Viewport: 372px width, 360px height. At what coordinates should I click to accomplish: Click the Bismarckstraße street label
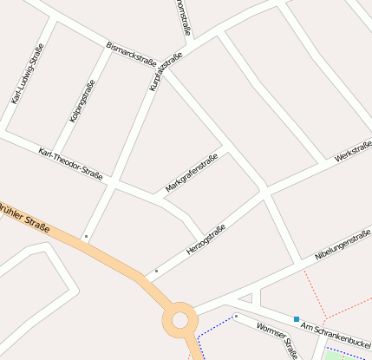tap(131, 55)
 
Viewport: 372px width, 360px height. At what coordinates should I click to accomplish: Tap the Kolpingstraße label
tap(82, 101)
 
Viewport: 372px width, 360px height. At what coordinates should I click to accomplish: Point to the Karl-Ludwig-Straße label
tap(28, 75)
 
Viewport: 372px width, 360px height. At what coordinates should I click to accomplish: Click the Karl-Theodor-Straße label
tap(70, 163)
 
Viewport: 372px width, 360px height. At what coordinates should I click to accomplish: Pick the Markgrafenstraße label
tap(191, 173)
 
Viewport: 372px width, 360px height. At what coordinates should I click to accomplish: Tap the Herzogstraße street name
tap(206, 239)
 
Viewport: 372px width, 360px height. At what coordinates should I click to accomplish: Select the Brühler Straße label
tap(24, 217)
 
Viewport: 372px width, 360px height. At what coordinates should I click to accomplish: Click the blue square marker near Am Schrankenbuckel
tap(297, 319)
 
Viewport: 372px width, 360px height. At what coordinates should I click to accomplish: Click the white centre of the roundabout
tap(180, 320)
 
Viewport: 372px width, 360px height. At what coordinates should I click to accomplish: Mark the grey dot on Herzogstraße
tap(156, 272)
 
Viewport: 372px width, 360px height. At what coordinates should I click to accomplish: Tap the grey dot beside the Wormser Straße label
tap(236, 317)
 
